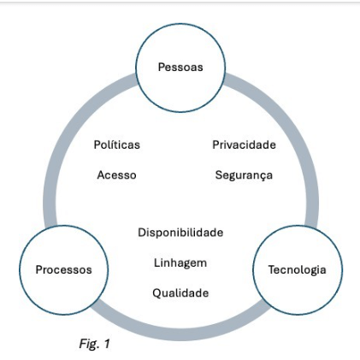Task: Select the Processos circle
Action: point(63,270)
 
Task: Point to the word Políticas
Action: point(117,145)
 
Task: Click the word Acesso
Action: point(117,174)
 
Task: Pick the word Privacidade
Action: point(244,145)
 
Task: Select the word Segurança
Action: point(244,174)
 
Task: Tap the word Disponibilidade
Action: point(180,233)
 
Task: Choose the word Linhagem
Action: point(180,263)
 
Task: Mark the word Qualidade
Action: point(180,292)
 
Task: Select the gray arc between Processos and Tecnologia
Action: point(180,328)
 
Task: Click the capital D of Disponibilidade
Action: point(142,233)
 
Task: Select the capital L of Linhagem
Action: point(156,263)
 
